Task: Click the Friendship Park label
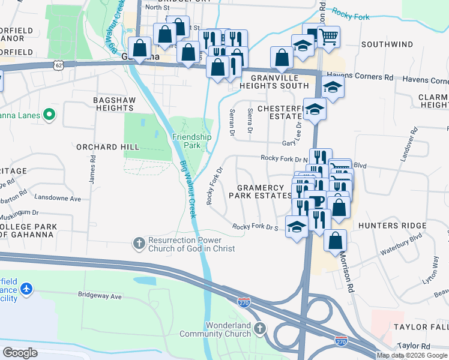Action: click(191, 141)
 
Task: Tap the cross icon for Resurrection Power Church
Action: click(139, 244)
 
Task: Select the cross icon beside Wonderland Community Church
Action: click(259, 329)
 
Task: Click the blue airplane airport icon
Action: click(25, 289)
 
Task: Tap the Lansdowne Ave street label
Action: click(58, 198)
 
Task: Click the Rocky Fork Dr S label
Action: click(256, 227)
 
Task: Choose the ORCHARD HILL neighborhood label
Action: click(108, 147)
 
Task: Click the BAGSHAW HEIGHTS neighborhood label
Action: click(113, 104)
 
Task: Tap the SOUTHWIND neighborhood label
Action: click(387, 44)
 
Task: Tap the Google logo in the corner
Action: click(20, 353)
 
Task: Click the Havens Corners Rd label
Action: click(369, 77)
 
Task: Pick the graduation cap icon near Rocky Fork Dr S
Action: click(296, 227)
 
